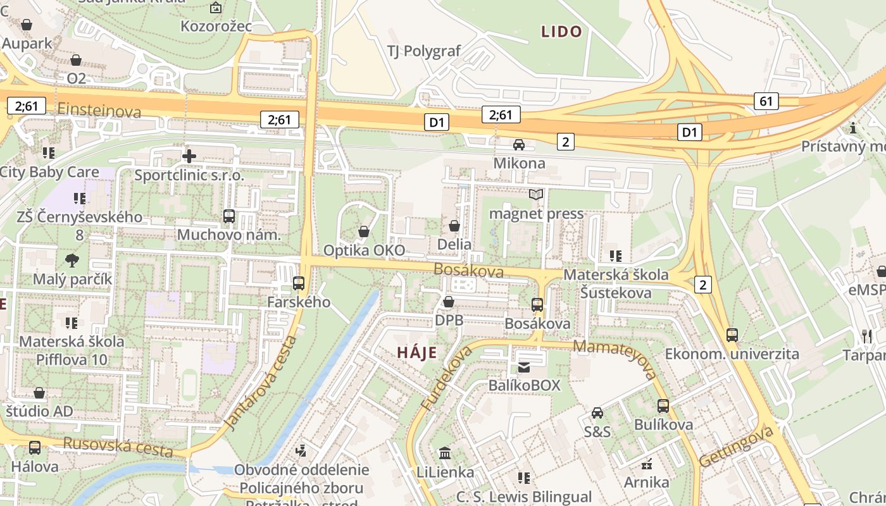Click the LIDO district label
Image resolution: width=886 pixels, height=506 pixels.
coord(561,32)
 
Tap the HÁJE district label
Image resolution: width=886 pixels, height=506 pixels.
coord(417,352)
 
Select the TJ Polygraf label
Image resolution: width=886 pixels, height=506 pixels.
coord(424,51)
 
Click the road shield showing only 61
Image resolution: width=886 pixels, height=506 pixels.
coord(766,101)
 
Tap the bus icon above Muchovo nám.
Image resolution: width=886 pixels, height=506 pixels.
coord(229,216)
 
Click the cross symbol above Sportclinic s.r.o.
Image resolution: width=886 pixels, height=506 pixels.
coord(189,156)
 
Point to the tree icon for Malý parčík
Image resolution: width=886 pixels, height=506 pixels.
coord(72,260)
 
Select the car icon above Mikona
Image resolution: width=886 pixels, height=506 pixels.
coord(519,145)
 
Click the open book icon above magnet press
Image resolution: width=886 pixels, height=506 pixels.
coord(536,194)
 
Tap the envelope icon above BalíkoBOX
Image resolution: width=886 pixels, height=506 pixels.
coord(524,367)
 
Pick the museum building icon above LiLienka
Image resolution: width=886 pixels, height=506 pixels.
coord(445,453)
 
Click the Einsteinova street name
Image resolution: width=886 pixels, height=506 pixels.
coord(99,111)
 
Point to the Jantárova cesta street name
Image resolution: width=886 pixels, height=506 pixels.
coord(261,383)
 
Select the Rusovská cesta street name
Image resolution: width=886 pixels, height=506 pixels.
coord(118,447)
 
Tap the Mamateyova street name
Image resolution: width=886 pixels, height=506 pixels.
coord(616,359)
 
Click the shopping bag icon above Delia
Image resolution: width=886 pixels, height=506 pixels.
coord(454,226)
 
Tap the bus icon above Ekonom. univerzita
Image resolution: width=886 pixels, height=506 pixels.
coord(732,335)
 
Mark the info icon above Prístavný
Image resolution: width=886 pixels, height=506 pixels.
coord(853,128)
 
